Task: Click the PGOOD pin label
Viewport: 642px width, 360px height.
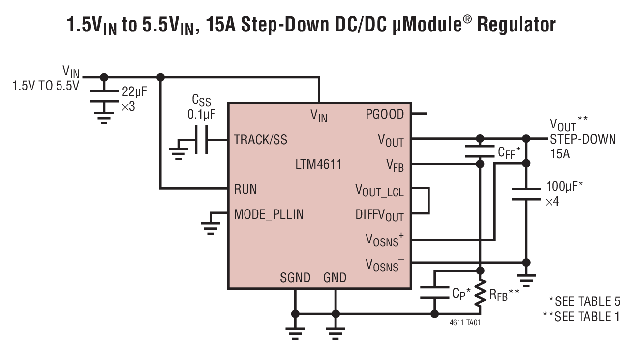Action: click(x=385, y=115)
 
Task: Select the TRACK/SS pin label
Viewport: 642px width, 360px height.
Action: click(x=260, y=140)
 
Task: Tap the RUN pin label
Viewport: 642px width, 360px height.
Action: click(x=245, y=189)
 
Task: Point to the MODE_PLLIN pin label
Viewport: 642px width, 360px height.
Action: click(x=269, y=214)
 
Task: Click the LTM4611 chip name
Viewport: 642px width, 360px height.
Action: click(x=318, y=164)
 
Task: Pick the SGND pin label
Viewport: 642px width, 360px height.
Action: click(x=295, y=278)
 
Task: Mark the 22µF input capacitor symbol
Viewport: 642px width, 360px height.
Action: click(x=104, y=96)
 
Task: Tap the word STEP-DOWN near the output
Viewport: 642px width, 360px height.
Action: click(x=582, y=139)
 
